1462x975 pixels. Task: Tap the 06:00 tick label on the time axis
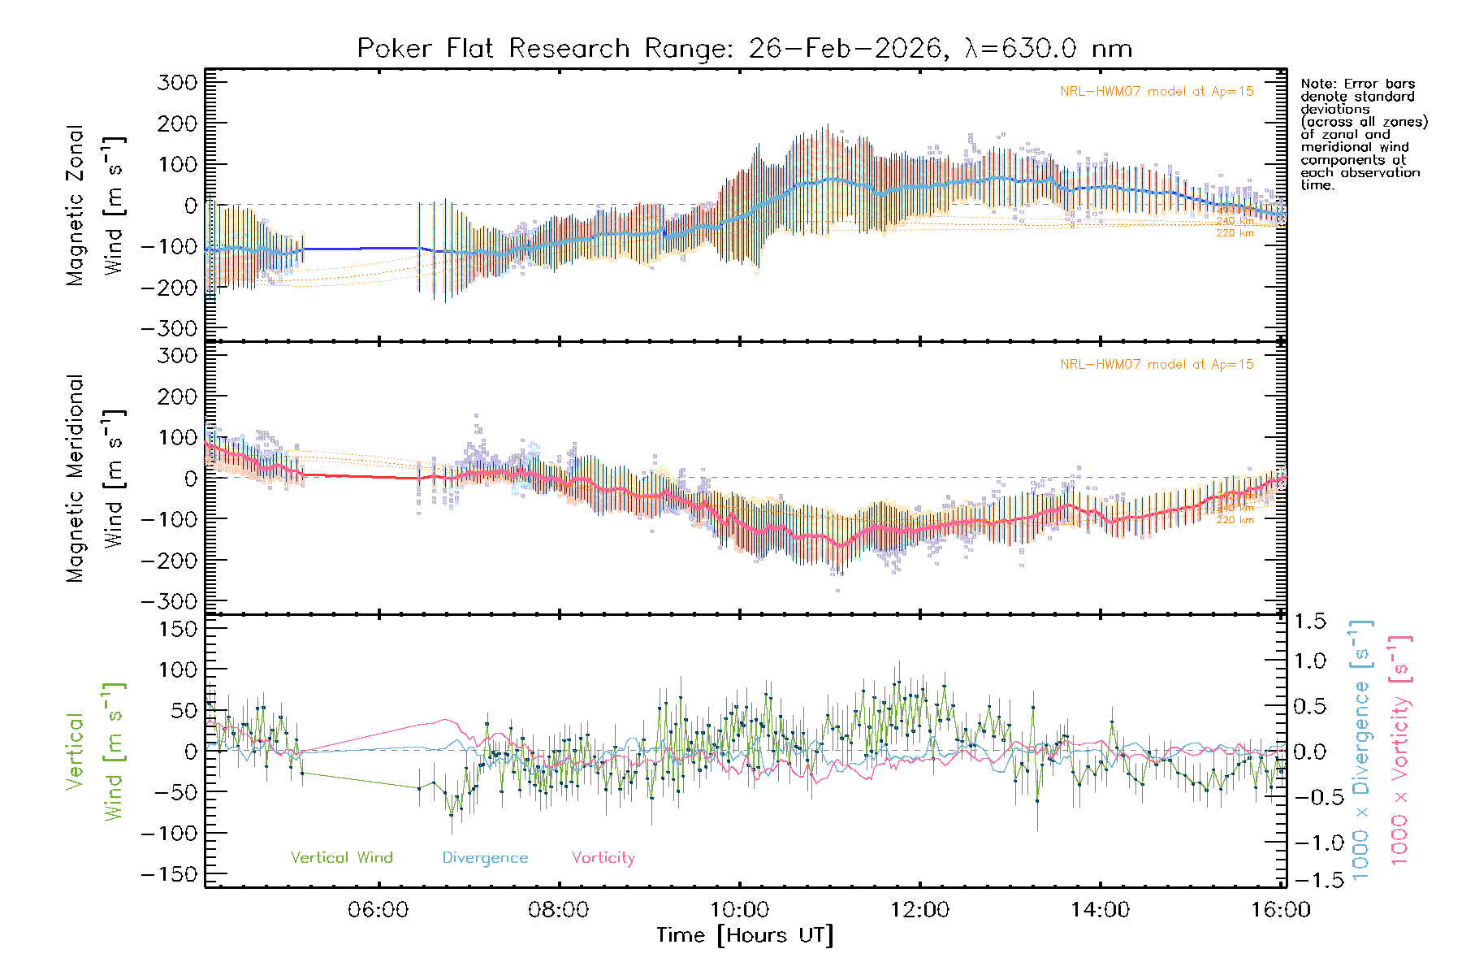(x=378, y=910)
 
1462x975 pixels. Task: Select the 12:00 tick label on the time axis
(x=919, y=910)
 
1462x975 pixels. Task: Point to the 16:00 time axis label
(x=1280, y=910)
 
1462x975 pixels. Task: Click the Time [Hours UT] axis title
(x=745, y=935)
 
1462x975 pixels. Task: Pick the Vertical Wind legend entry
(x=341, y=858)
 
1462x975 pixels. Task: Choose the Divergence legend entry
(x=485, y=858)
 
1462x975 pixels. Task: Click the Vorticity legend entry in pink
(x=603, y=858)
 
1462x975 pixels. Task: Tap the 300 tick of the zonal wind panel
(x=178, y=82)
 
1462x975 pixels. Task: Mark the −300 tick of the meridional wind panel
(x=169, y=601)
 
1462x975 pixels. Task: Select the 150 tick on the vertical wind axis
(x=178, y=629)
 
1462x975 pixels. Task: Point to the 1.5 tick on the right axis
(x=1310, y=622)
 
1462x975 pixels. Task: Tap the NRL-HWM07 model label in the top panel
(x=1157, y=92)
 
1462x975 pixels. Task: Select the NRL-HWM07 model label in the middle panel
(x=1157, y=365)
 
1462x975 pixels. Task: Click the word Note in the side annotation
(x=1317, y=84)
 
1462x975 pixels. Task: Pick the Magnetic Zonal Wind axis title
(x=95, y=205)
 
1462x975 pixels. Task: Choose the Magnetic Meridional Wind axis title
(x=95, y=479)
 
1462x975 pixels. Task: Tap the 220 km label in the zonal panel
(x=1235, y=233)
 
